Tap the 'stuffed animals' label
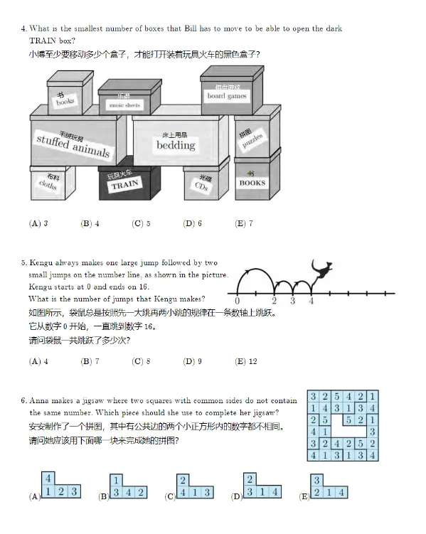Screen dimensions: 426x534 [x=73, y=146]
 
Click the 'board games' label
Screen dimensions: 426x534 [x=227, y=96]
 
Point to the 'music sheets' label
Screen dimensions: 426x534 [x=124, y=105]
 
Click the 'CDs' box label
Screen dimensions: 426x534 [x=202, y=183]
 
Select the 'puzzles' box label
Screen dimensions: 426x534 [x=251, y=139]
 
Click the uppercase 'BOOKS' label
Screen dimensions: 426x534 [x=252, y=183]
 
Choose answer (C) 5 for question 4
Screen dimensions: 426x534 [x=141, y=223]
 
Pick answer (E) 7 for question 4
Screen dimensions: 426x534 [x=244, y=223]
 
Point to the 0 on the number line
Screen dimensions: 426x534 [x=237, y=301]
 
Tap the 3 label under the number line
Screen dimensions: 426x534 [x=292, y=301]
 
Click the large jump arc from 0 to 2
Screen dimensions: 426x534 [x=256, y=269]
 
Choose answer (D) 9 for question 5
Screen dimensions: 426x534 [x=193, y=361]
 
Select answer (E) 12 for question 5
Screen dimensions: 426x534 [x=246, y=361]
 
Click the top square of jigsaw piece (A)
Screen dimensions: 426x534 [x=48, y=479]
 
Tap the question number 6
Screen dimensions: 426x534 [x=23, y=400]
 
